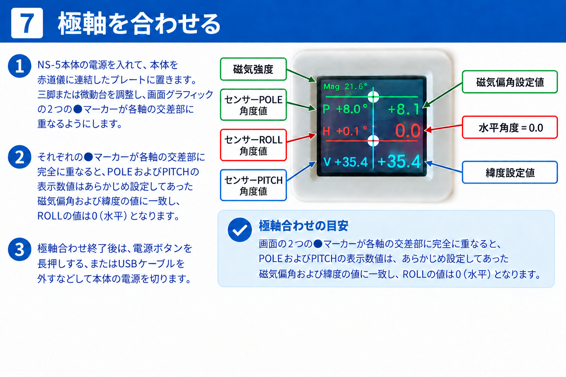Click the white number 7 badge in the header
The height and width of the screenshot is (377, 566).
27,23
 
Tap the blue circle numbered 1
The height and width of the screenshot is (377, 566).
20,66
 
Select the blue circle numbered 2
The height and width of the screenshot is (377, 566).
20,157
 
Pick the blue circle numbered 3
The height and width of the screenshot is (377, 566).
20,249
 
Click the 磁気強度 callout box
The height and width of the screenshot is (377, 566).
253,69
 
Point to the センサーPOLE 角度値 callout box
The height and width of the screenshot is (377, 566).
253,105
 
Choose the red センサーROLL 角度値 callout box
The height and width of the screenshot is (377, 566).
253,145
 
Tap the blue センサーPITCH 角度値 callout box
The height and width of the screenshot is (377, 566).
253,185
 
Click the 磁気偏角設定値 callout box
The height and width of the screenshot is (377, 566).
510,82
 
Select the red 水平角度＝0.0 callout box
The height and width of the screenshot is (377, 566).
510,127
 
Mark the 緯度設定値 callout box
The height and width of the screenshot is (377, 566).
510,172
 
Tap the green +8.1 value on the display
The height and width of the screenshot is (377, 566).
404,109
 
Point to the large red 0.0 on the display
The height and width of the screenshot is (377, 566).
408,131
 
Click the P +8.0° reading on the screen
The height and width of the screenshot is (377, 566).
345,109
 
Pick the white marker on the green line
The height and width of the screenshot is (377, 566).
373,96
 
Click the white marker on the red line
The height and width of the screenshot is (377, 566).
373,140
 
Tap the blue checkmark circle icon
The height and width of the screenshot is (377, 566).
240,230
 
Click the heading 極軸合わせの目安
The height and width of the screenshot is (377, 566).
304,226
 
